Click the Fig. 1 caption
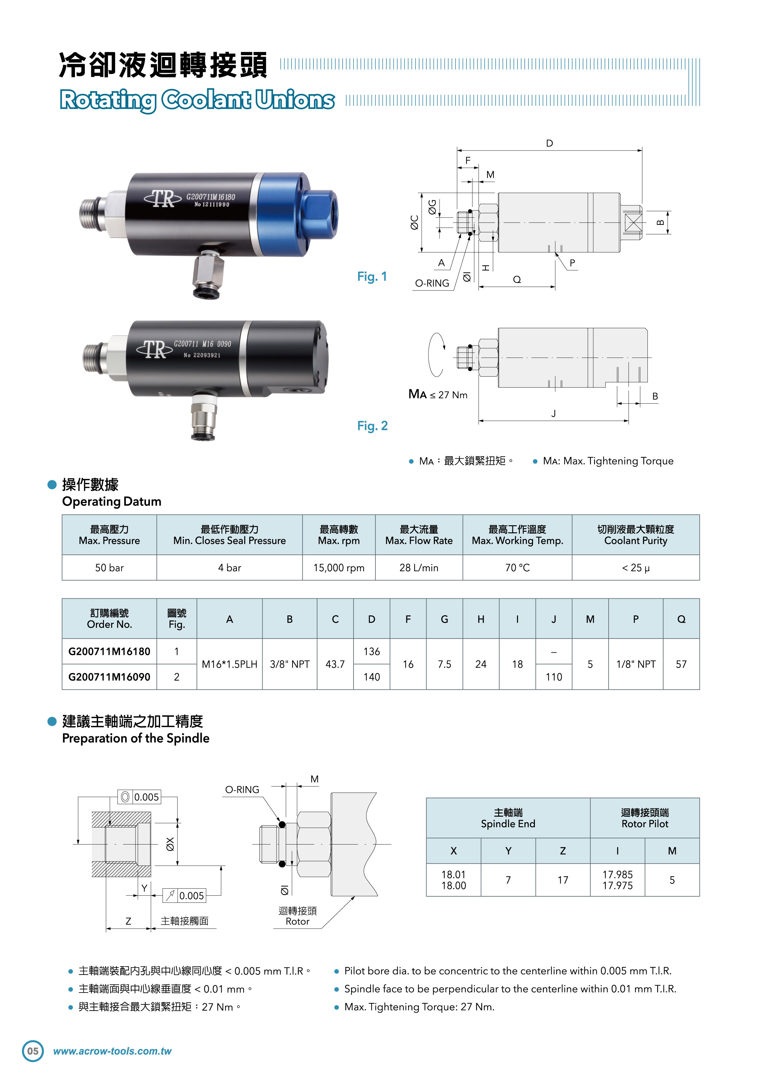[x=372, y=277]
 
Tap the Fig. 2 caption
[x=372, y=426]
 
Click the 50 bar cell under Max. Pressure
[x=110, y=568]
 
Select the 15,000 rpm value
[x=339, y=568]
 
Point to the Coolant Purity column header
[x=635, y=535]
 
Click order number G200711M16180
[x=110, y=651]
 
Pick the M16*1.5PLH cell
[x=229, y=664]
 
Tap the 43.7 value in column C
[x=335, y=664]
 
